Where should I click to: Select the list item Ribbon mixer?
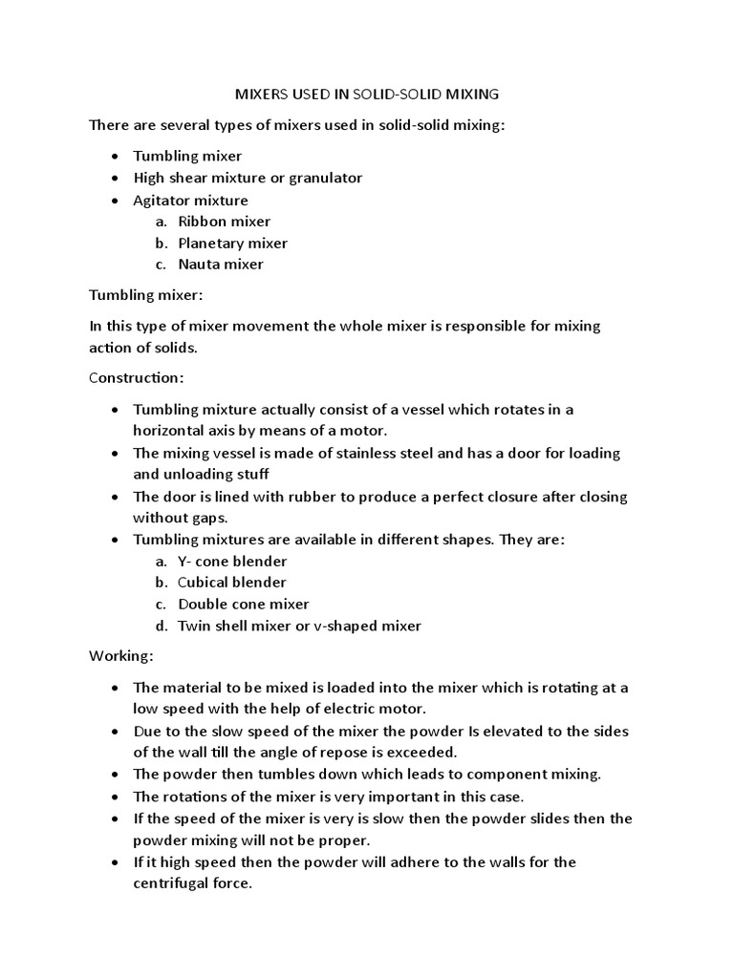coord(224,222)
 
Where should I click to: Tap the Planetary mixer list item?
coord(232,243)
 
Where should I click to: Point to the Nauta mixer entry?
coord(220,264)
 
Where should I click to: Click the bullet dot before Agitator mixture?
coord(115,201)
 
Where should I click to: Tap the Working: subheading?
coord(120,657)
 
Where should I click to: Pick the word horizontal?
coord(170,431)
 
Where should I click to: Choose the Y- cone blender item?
coord(232,562)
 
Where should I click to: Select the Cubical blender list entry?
coord(231,583)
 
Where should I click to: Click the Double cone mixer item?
coord(243,604)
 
